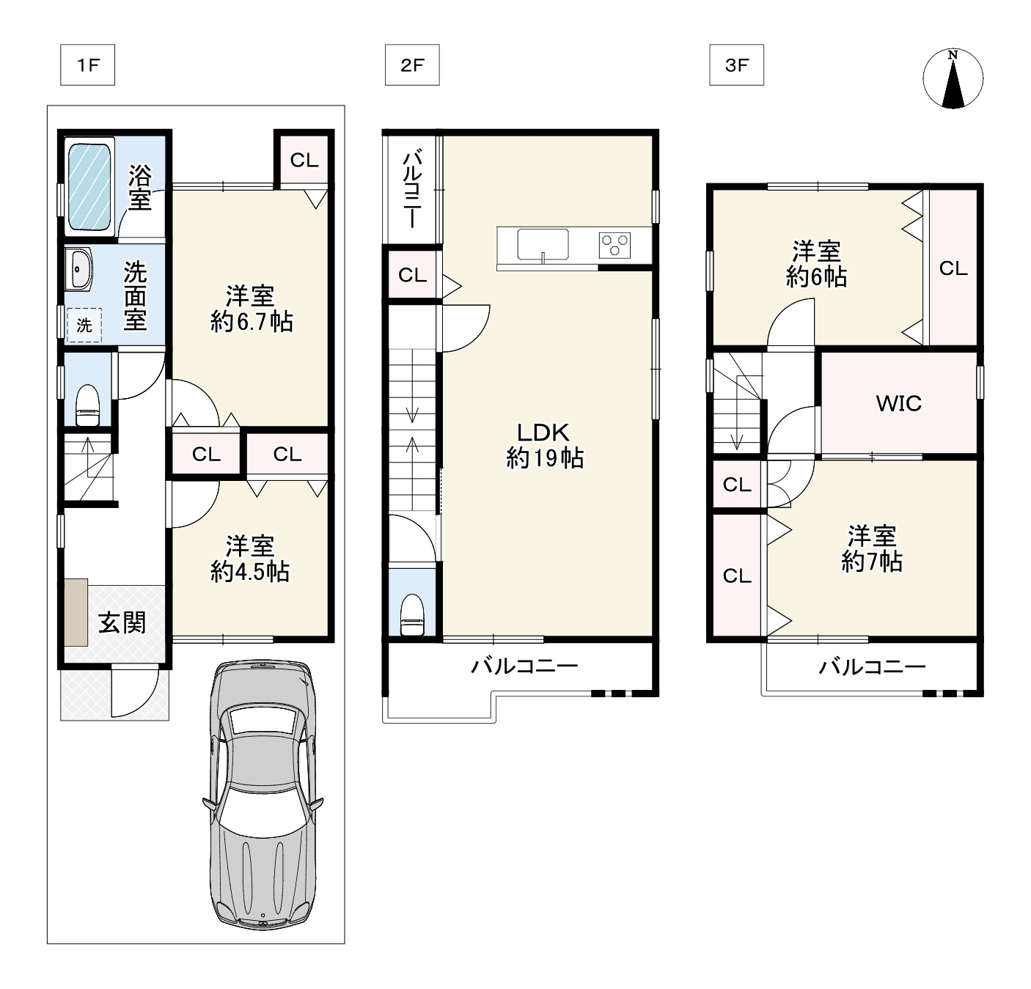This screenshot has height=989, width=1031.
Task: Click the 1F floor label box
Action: tap(87, 65)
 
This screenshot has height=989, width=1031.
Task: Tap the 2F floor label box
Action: tap(412, 65)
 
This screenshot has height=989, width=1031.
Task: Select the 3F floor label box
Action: tap(736, 65)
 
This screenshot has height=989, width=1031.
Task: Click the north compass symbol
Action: tap(953, 78)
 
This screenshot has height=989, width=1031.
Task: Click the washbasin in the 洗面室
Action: tap(78, 269)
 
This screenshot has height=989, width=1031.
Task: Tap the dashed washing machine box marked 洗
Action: tap(84, 325)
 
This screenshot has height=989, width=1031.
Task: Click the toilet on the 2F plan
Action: tap(412, 614)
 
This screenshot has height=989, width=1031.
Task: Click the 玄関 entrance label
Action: tap(122, 622)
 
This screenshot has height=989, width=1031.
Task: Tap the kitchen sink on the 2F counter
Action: tap(543, 244)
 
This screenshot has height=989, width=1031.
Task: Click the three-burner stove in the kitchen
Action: tap(614, 246)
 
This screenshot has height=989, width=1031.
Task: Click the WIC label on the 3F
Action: tap(898, 404)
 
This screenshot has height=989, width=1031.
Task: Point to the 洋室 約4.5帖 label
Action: tap(249, 559)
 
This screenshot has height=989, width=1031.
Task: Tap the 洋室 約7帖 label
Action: tap(872, 548)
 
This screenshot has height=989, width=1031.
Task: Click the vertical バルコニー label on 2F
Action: tap(412, 188)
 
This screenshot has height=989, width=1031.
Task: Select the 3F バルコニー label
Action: tap(872, 666)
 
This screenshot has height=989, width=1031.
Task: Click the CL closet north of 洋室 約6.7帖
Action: tap(304, 160)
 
